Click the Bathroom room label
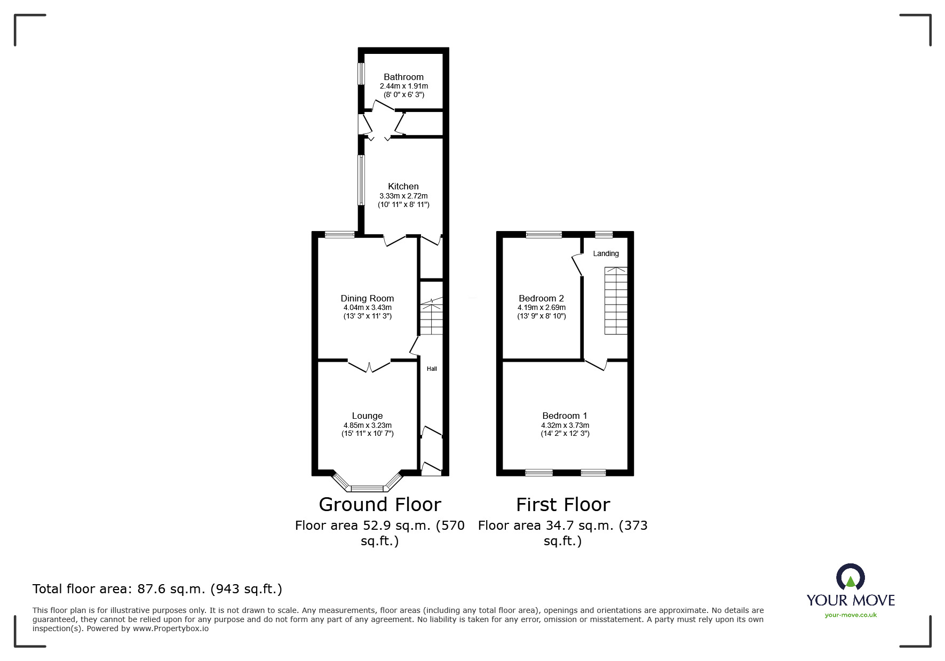[403, 77]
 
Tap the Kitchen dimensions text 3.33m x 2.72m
[403, 196]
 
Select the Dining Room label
[367, 298]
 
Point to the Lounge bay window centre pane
[367, 488]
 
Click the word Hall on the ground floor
[432, 369]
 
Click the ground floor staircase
[431, 317]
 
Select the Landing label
[606, 253]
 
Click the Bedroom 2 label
[541, 298]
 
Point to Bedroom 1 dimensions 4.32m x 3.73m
[565, 425]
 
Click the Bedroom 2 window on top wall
[544, 234]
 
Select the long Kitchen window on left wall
[361, 180]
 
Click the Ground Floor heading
[380, 504]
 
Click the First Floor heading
[562, 504]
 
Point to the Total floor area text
[157, 589]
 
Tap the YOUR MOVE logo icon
[850, 578]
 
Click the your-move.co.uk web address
[851, 615]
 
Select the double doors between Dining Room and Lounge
[369, 366]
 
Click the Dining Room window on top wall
[340, 234]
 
